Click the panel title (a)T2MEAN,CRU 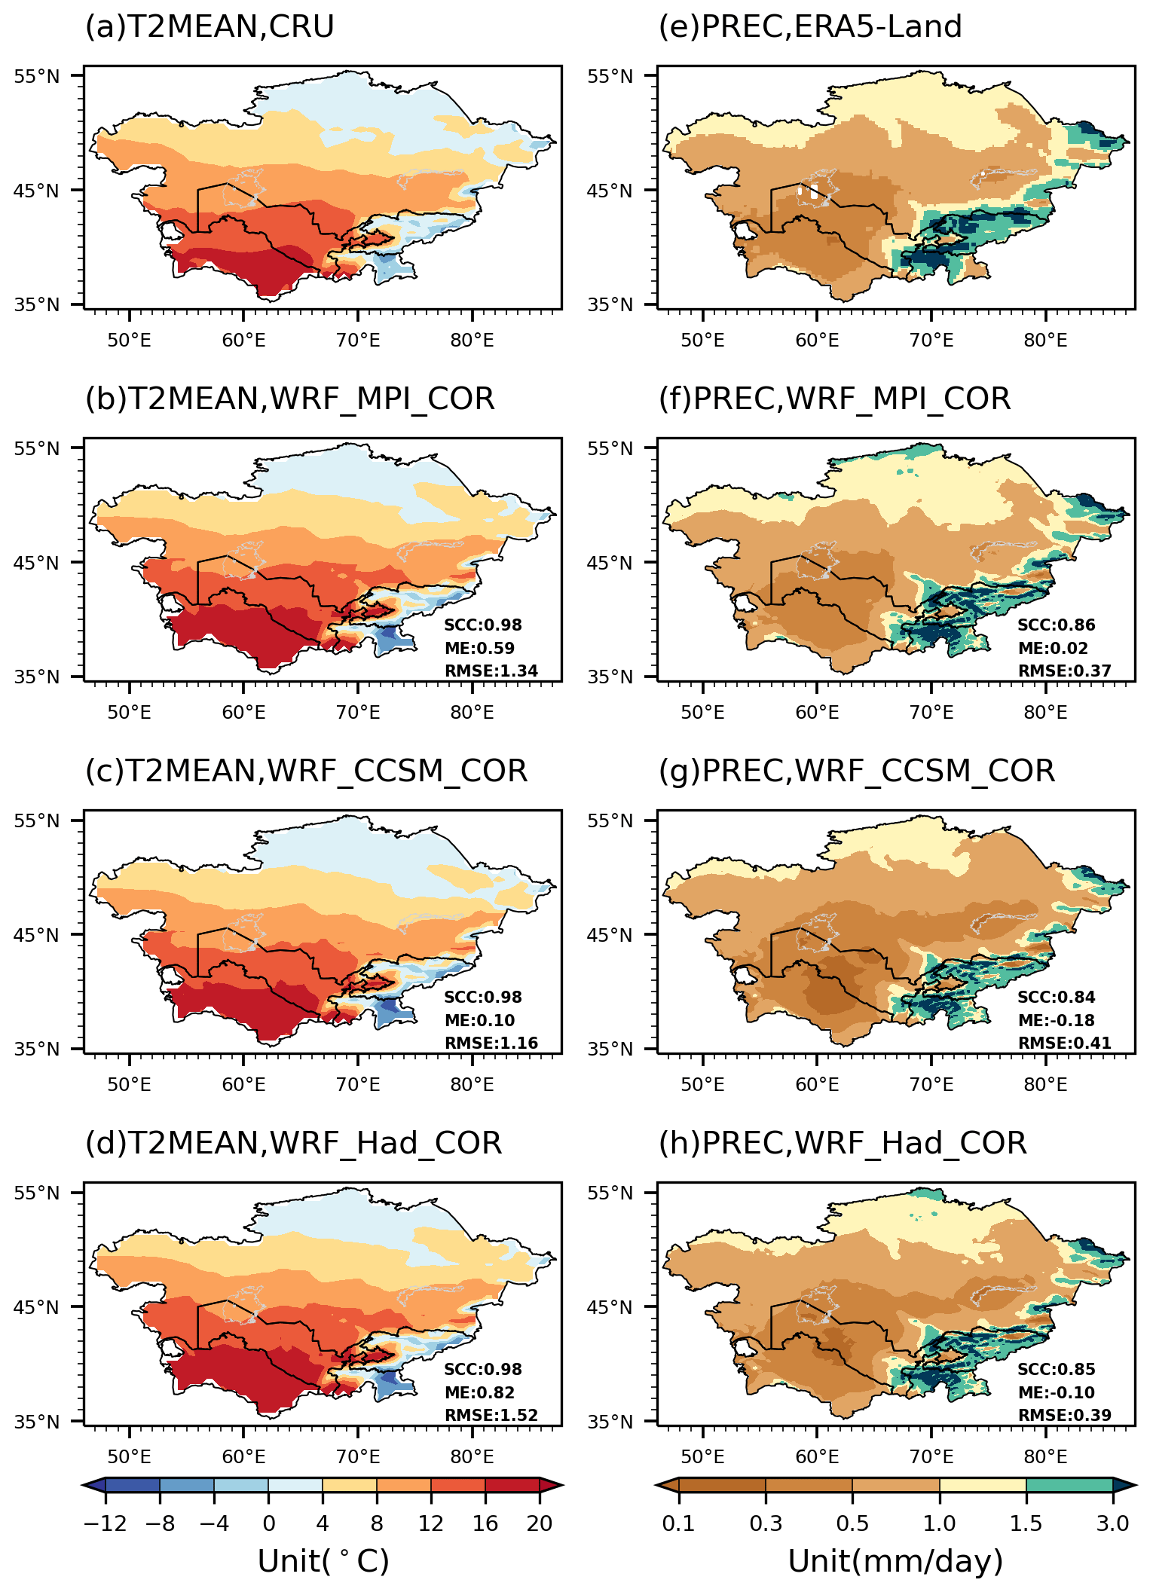pyautogui.click(x=209, y=28)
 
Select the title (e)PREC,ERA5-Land pyautogui.click(x=810, y=28)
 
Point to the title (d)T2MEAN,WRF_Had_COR pyautogui.click(x=293, y=1144)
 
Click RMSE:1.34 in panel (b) pyautogui.click(x=491, y=671)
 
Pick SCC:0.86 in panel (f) pyautogui.click(x=1056, y=625)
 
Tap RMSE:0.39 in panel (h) pyautogui.click(x=1065, y=1416)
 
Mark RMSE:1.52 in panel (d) pyautogui.click(x=491, y=1416)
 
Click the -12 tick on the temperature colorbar pyautogui.click(x=105, y=1523)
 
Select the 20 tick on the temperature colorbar pyautogui.click(x=540, y=1523)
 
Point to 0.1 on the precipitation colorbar pyautogui.click(x=678, y=1523)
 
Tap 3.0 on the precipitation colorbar pyautogui.click(x=1112, y=1523)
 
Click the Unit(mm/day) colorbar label pyautogui.click(x=895, y=1562)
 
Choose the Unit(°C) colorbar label pyautogui.click(x=323, y=1562)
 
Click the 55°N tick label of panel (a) pyautogui.click(x=36, y=76)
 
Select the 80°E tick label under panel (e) pyautogui.click(x=1045, y=341)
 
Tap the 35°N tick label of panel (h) pyautogui.click(x=610, y=1422)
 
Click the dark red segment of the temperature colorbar pyautogui.click(x=512, y=1485)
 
